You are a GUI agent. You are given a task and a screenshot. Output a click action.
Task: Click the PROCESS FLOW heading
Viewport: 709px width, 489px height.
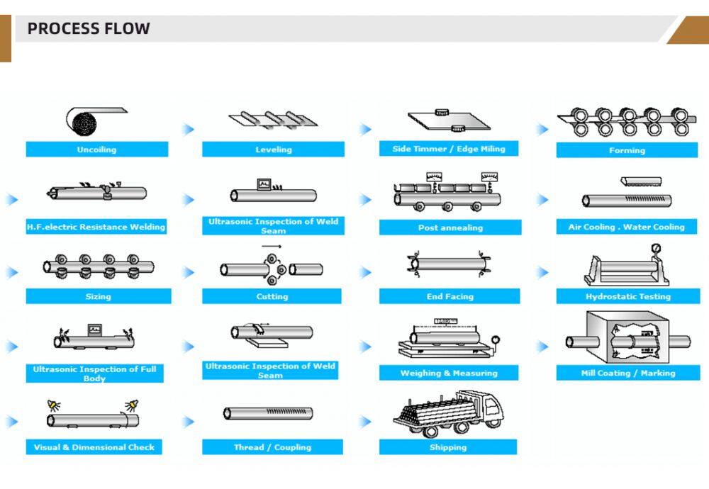[x=89, y=29]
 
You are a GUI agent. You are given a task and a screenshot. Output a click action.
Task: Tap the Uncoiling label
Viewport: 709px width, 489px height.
[x=97, y=150]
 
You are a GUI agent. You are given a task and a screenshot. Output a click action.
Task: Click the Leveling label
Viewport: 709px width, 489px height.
[x=273, y=150]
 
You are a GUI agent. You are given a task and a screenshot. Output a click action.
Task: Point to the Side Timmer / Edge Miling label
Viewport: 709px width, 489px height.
[x=449, y=149]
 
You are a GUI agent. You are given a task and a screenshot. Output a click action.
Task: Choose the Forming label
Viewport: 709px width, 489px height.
[x=627, y=150]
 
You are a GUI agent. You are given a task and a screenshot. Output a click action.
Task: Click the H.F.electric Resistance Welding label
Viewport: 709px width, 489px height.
[x=96, y=227]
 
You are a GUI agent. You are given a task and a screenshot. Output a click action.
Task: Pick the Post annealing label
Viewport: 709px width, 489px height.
[x=450, y=227]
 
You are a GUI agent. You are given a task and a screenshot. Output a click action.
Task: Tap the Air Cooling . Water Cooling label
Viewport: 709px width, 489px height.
[x=627, y=227]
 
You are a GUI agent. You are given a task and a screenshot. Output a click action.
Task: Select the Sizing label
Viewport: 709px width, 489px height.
[x=98, y=296]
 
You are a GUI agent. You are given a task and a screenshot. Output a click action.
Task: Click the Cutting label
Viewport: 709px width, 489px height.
[x=272, y=296]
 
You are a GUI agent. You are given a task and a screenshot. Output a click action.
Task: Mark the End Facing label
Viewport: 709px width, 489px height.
[x=450, y=296]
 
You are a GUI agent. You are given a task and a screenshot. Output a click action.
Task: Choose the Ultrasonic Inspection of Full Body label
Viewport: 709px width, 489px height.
[x=94, y=373]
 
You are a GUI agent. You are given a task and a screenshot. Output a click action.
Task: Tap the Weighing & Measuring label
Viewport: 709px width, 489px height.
[x=449, y=373]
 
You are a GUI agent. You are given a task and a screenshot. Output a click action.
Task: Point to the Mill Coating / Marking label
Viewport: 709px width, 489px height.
[x=627, y=373]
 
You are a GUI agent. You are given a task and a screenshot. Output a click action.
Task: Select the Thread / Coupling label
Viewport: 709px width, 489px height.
[x=272, y=447]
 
